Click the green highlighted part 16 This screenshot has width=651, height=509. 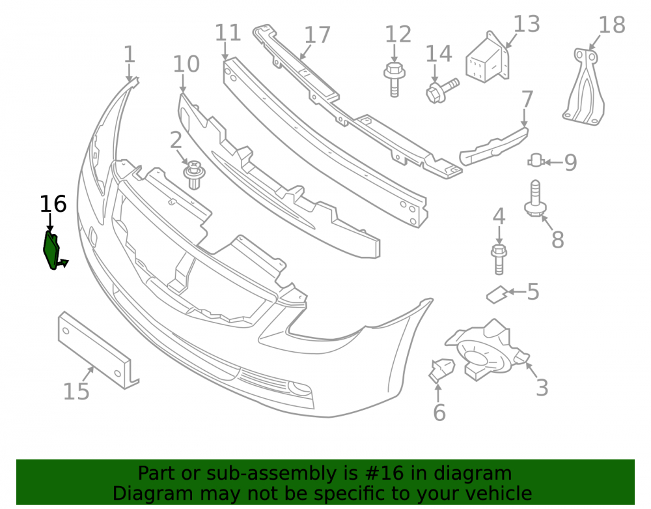52,250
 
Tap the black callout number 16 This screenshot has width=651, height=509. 53,204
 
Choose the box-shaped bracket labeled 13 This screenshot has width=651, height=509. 488,57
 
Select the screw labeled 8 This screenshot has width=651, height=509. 536,198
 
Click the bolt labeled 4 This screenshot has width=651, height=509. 499,259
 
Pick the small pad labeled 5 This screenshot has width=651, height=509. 497,295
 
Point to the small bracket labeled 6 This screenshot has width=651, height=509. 441,370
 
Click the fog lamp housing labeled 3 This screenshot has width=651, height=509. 487,350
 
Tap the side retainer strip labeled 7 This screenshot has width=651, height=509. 493,147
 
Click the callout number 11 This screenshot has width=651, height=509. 228,33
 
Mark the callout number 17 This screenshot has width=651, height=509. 317,35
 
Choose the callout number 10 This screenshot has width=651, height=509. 186,64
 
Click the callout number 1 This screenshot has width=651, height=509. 130,55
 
